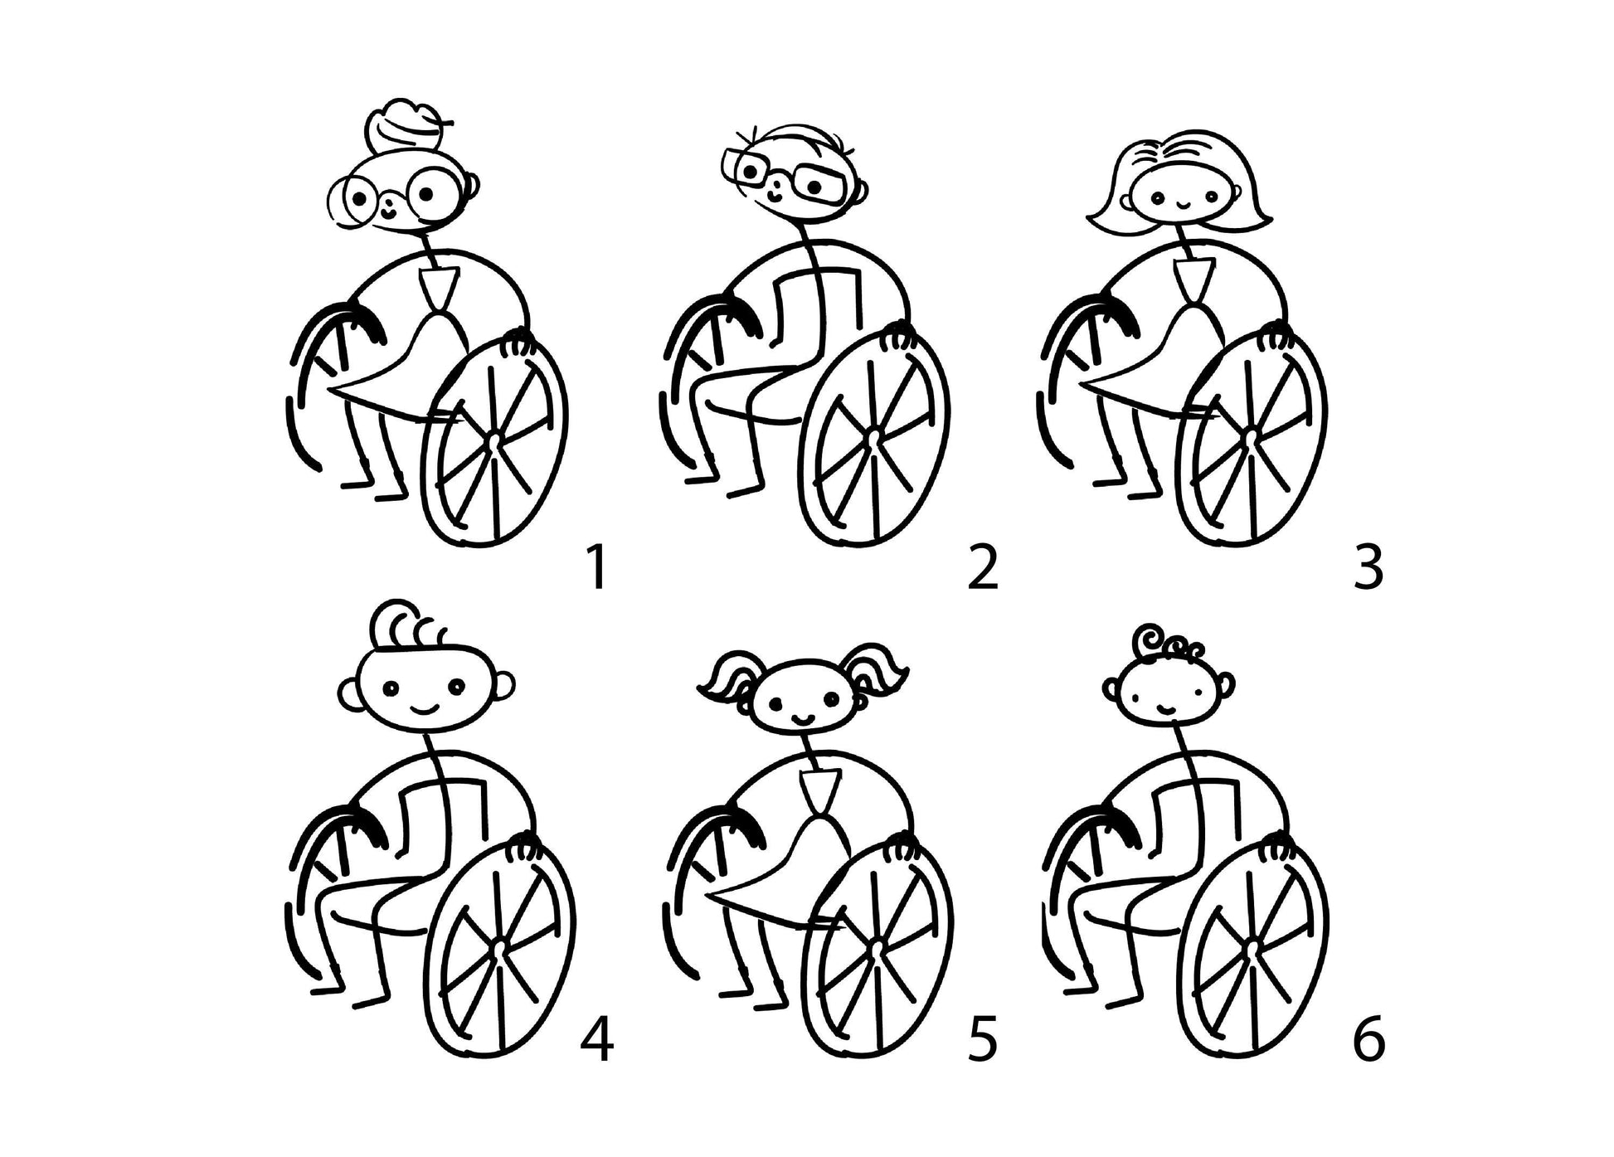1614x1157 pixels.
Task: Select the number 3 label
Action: point(1368,568)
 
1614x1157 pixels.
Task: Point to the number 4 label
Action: point(597,1038)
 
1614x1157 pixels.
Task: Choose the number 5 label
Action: point(983,1039)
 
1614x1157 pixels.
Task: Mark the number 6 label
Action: point(1369,1038)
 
